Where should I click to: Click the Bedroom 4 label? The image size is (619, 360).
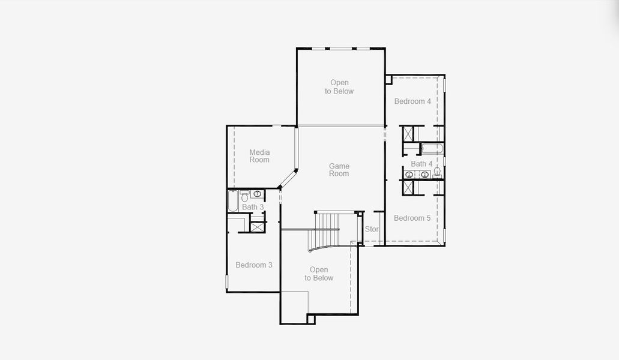(412, 101)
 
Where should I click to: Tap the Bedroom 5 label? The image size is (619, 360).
(412, 218)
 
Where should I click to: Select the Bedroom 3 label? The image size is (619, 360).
(254, 265)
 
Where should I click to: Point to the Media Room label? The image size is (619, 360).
(259, 156)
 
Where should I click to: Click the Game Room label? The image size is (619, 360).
(339, 170)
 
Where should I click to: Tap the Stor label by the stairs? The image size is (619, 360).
(372, 229)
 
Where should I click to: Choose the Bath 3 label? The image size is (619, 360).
(253, 207)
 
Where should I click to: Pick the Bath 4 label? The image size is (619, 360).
(421, 164)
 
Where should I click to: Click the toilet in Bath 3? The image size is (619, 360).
(245, 196)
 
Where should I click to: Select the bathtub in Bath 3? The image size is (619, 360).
(232, 202)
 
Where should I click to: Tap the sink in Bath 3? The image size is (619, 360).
(257, 194)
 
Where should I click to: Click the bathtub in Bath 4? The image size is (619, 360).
(432, 148)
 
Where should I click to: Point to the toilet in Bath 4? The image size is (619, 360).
(437, 172)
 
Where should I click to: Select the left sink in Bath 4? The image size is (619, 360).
(409, 175)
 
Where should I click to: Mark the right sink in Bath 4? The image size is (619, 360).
(424, 175)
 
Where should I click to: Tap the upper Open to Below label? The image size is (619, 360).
(339, 87)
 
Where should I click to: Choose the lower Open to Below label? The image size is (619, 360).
(319, 274)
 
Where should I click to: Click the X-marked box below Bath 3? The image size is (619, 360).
(258, 227)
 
